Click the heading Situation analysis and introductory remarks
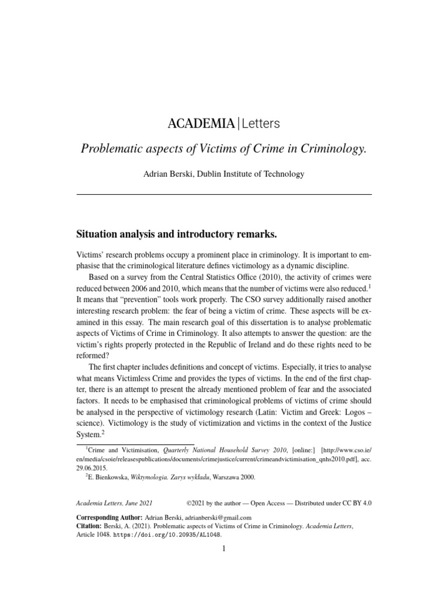[x=176, y=234]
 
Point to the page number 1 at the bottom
[x=224, y=548]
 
